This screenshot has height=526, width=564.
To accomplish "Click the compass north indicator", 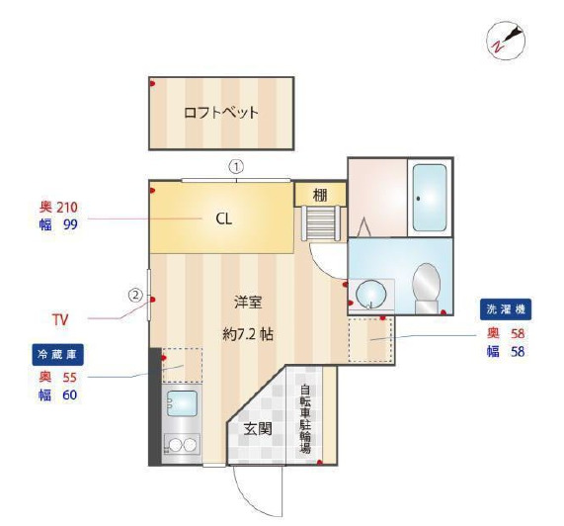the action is (x=506, y=40).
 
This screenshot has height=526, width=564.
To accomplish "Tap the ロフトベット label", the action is (x=221, y=113).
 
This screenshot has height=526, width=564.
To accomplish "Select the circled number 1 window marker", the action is (x=236, y=167).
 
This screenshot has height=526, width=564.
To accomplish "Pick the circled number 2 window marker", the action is (x=136, y=296).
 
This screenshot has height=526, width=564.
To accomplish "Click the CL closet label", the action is (x=224, y=219).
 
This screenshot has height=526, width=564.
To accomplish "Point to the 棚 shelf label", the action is (x=320, y=195).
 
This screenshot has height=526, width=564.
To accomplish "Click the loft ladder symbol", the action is (x=321, y=222).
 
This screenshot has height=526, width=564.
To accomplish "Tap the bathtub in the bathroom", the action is (x=430, y=198).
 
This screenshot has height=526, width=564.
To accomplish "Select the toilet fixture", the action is (x=427, y=288).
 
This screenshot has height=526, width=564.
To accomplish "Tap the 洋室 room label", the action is (x=248, y=303).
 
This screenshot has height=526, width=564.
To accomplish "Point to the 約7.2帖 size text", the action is (x=248, y=335).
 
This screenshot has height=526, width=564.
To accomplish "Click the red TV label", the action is (x=60, y=319).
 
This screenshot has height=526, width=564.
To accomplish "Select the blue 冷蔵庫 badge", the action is (x=57, y=355).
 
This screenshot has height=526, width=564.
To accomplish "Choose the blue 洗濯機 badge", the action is (x=506, y=309).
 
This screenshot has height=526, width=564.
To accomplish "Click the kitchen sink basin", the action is (x=182, y=403).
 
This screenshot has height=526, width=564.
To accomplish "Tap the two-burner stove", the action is (x=182, y=445).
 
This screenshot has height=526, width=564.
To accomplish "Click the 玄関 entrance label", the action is (x=258, y=429).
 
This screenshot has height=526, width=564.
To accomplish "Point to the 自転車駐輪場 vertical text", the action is (x=305, y=419).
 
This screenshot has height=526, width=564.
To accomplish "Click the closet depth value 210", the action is (x=67, y=208).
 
